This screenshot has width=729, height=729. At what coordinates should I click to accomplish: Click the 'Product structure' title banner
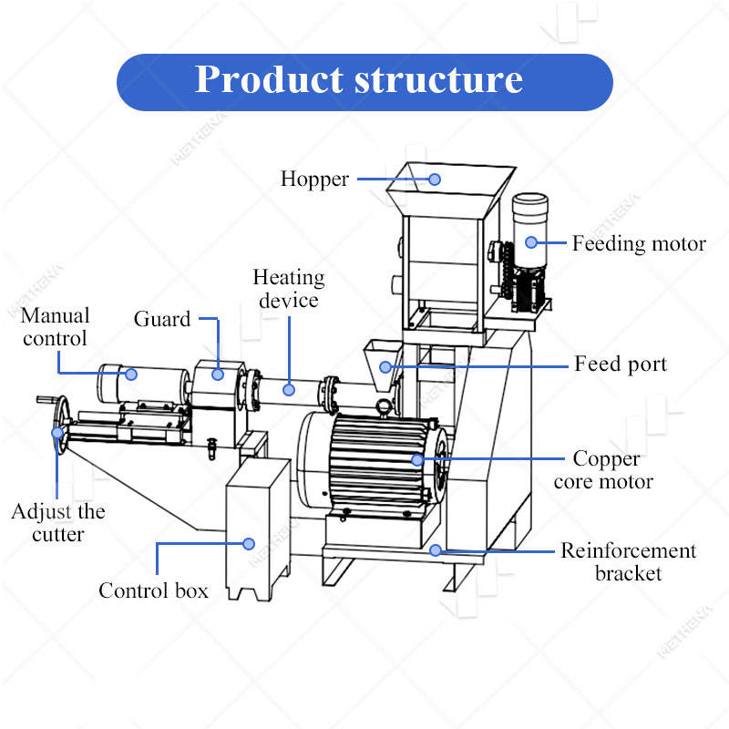coord(364,82)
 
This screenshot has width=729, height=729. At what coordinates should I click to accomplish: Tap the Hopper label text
coord(314,180)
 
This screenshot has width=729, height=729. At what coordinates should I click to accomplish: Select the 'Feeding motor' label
coord(639,243)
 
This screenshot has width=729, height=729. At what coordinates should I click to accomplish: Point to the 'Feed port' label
coord(621,364)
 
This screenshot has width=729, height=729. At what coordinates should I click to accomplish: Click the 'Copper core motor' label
coord(604,470)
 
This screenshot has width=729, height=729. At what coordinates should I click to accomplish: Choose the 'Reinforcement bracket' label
coord(628,561)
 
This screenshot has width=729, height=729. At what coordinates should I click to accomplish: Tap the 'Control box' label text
coord(153,590)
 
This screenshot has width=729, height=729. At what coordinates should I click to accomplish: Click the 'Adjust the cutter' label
coord(58,523)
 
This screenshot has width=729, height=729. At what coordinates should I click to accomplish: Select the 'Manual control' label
coord(55,327)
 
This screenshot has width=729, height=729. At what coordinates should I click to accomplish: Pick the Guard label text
coord(162,319)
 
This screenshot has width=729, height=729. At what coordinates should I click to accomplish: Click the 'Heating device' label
coord(289,289)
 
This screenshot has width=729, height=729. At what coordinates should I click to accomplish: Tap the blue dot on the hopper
coord(435,180)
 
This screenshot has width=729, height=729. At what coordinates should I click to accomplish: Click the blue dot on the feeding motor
coord(531,242)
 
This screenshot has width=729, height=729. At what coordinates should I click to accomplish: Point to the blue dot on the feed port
coord(385,367)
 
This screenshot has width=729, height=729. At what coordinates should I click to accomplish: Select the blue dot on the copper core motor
coord(417,460)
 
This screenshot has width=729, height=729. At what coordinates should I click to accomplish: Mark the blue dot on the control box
coord(249,544)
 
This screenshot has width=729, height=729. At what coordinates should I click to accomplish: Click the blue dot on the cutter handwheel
coord(57,433)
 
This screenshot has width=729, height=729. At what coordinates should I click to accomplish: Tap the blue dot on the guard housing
coord(218,375)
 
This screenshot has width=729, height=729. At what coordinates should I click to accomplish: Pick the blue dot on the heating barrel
coord(289,390)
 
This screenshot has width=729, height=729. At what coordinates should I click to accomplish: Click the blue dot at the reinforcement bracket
coord(436,550)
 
